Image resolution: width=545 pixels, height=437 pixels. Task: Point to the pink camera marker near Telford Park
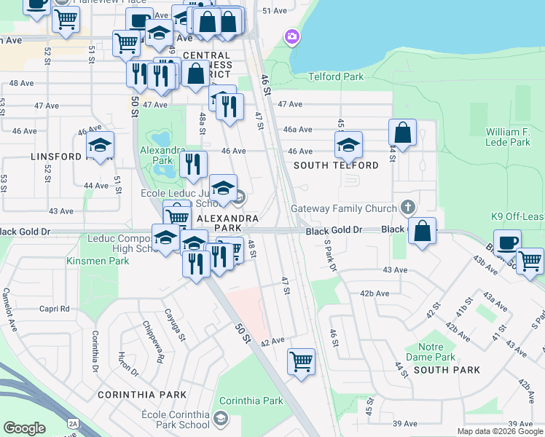coord(292,36)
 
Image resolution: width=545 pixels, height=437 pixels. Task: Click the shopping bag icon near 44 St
coord(402,133)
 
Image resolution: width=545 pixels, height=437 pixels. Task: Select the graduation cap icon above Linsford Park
coord(100,144)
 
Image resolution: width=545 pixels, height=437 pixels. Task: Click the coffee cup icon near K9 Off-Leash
coord(507,243)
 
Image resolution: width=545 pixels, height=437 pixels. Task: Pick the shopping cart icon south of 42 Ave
coord(301,360)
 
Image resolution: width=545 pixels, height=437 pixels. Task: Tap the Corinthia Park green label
coord(251,401)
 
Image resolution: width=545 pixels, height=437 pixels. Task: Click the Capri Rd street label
coord(55,308)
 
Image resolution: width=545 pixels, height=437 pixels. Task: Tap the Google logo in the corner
coord(24,428)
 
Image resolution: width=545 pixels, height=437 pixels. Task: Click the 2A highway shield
coord(72,422)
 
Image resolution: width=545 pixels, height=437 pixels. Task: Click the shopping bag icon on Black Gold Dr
coord(422,231)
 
